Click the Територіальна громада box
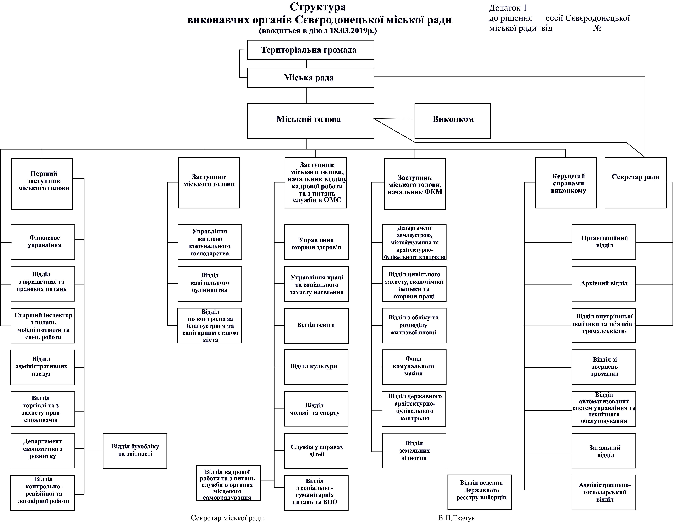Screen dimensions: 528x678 (x=310, y=50)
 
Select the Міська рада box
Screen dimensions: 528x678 (x=310, y=78)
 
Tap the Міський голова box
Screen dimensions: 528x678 (x=310, y=121)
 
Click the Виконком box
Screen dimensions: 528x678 (x=453, y=121)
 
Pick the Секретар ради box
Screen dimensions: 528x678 (x=635, y=183)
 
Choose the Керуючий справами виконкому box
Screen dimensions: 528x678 (x=566, y=183)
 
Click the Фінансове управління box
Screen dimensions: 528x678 (x=43, y=242)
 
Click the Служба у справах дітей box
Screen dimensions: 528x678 (x=316, y=451)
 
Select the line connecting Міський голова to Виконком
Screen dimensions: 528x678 (x=394, y=119)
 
